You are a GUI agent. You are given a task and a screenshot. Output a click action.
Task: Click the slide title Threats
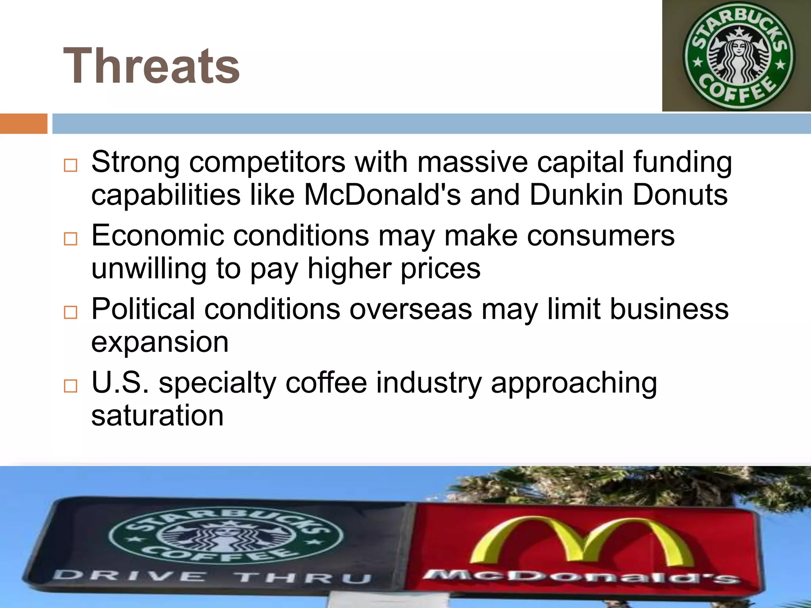pos(151,66)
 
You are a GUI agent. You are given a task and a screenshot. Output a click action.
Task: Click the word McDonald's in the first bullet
pos(382,195)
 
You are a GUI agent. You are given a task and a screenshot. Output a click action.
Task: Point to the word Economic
pos(158,236)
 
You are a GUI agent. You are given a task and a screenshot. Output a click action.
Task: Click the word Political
pos(143,309)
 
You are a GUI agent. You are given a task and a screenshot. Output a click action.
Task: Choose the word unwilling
pos(149,268)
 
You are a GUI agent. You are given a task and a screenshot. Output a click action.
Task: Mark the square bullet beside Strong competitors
pos(70,165)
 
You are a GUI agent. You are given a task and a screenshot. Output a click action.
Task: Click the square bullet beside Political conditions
pos(70,312)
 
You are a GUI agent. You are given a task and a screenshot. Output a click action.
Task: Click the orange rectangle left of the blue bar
pos(23,123)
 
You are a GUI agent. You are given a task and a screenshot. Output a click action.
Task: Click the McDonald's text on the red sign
pos(580,576)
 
